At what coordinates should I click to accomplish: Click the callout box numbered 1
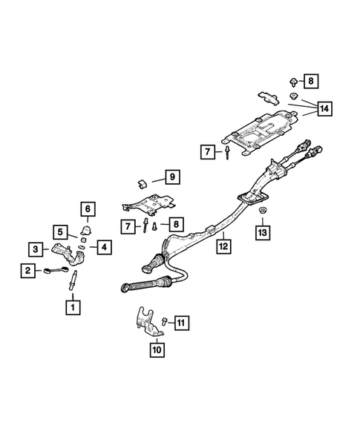pos(73,305)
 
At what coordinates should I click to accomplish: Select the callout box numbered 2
pos(27,271)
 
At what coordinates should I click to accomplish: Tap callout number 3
pos(36,249)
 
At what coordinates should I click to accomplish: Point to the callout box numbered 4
pos(103,247)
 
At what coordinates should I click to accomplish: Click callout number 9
pos(171,177)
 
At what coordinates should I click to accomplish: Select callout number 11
pos(183,322)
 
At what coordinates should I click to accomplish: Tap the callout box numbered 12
pos(224,246)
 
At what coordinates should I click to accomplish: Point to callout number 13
pos(263,233)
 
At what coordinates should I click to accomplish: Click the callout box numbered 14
pos(323,109)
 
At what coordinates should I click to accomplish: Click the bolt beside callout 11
pos(165,321)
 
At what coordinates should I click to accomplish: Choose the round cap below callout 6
pos(84,230)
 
